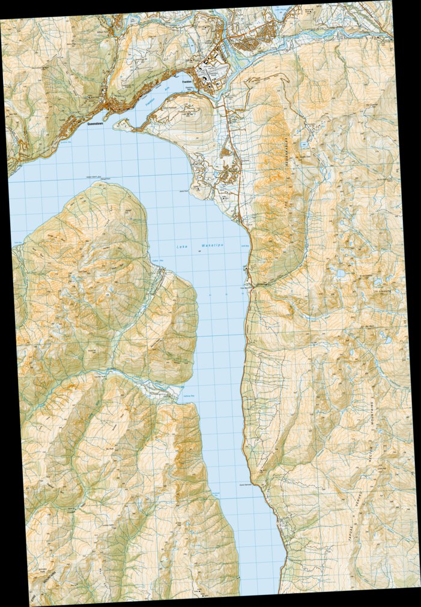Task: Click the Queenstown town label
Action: click(97, 124)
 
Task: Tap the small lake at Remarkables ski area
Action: click(341, 274)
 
